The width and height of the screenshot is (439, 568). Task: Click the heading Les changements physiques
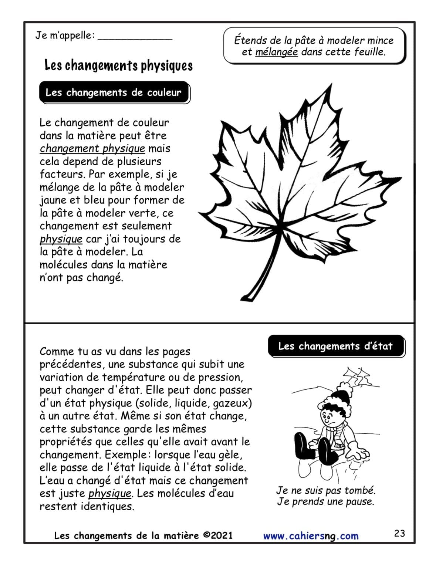[x=118, y=66]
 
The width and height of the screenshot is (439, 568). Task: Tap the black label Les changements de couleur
[x=114, y=92]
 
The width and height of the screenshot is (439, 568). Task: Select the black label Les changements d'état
[x=335, y=346]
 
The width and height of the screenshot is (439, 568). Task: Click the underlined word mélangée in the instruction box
[x=276, y=52]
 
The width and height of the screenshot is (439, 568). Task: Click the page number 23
[x=399, y=533]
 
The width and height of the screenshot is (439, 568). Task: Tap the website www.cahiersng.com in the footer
[x=311, y=536]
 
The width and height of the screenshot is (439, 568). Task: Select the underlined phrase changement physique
[x=92, y=149]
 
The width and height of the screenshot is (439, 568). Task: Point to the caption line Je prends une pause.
[x=325, y=502]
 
